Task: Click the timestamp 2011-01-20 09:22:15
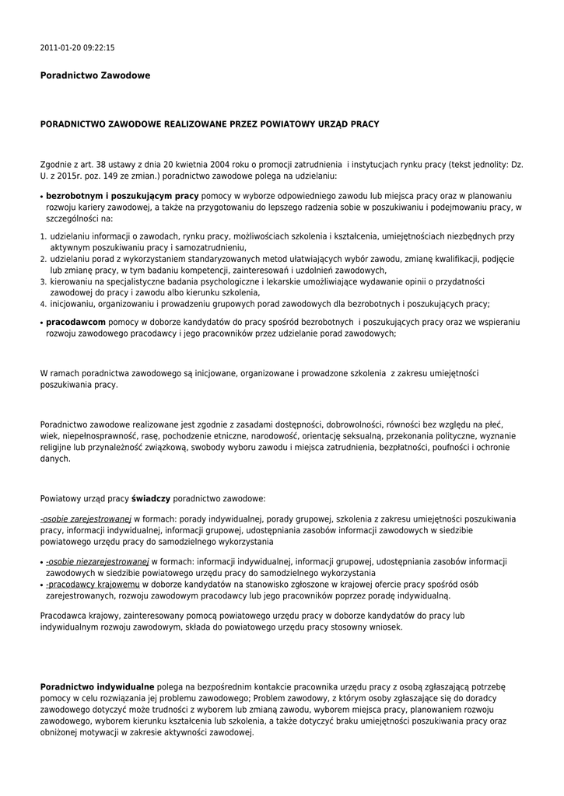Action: (77, 47)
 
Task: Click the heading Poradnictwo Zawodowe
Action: (95, 75)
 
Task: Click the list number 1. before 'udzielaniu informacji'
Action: (43, 235)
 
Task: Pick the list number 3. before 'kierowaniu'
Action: (43, 281)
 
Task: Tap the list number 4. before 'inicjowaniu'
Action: (43, 305)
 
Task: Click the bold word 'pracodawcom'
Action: (75, 321)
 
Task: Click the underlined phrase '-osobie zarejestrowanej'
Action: (86, 518)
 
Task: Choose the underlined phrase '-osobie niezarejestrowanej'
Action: (96, 560)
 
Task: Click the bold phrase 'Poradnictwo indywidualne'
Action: (97, 686)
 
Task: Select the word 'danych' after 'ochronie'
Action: (54, 459)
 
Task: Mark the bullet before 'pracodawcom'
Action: (41, 322)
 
